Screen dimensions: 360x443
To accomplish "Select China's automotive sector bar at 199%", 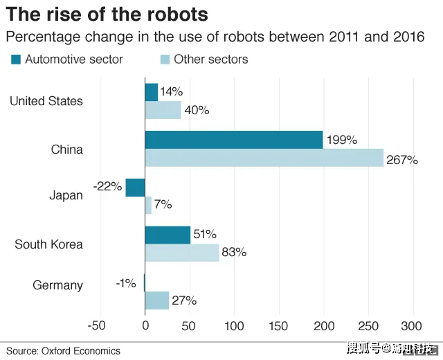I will click(233, 140).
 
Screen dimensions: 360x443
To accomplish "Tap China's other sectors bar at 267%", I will click(264, 158).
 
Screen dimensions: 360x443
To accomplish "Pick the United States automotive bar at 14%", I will click(151, 92).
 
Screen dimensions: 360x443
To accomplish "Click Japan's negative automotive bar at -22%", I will click(135, 188).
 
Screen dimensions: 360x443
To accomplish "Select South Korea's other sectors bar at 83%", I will click(181, 253).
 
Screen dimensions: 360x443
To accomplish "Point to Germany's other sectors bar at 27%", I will click(156, 300).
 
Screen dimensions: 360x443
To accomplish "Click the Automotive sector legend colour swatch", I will click(16, 60).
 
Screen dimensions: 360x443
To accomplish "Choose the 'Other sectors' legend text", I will click(210, 60).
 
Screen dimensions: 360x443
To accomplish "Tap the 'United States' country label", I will click(46, 101).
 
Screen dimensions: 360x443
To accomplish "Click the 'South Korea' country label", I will click(48, 244).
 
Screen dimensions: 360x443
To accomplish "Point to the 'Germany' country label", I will click(58, 285).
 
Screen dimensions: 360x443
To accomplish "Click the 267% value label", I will click(402, 160).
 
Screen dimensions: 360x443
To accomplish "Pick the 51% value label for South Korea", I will click(205, 234).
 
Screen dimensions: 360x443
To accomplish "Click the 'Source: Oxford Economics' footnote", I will click(63, 351).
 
